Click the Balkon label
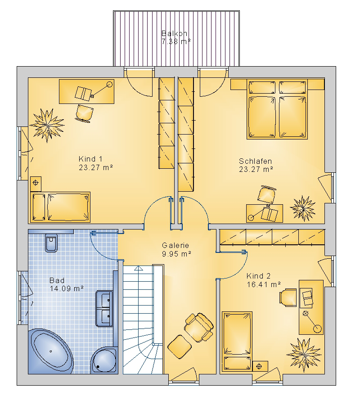(x=174, y=33)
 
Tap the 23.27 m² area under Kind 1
(x=96, y=167)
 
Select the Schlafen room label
(x=256, y=161)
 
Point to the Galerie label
(x=175, y=245)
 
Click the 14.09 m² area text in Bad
(x=67, y=288)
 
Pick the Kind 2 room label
(x=258, y=276)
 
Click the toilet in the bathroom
(x=51, y=243)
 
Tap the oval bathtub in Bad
(x=51, y=351)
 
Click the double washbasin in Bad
(x=104, y=308)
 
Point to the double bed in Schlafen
(x=277, y=109)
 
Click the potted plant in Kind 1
(x=47, y=126)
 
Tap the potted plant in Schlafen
(x=303, y=208)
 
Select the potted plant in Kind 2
(x=304, y=355)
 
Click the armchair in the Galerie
(x=199, y=328)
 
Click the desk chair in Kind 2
(x=288, y=297)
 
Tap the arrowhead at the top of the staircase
(x=139, y=268)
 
